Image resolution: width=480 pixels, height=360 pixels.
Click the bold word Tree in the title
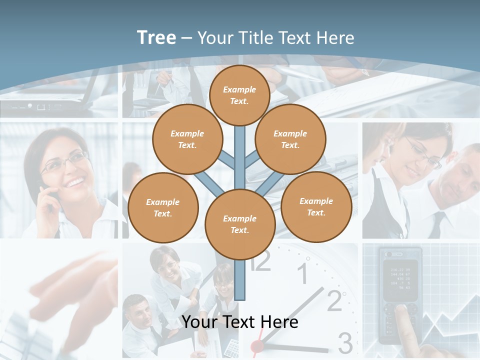point(156,37)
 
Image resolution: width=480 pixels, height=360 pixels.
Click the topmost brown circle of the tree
point(239,95)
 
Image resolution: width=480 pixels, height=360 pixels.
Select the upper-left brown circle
point(187,139)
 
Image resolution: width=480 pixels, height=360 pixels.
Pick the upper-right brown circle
point(290,139)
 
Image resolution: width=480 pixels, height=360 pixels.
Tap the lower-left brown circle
point(162,207)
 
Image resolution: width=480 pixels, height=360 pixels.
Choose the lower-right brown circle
point(316,206)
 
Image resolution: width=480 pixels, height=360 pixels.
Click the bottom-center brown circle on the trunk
point(239,224)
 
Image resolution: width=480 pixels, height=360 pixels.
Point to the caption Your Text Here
point(240,322)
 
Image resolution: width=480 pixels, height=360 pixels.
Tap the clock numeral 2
point(334,300)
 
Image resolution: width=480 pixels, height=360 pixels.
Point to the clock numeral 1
point(303,274)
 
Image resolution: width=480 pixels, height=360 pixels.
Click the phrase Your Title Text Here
point(275,37)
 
